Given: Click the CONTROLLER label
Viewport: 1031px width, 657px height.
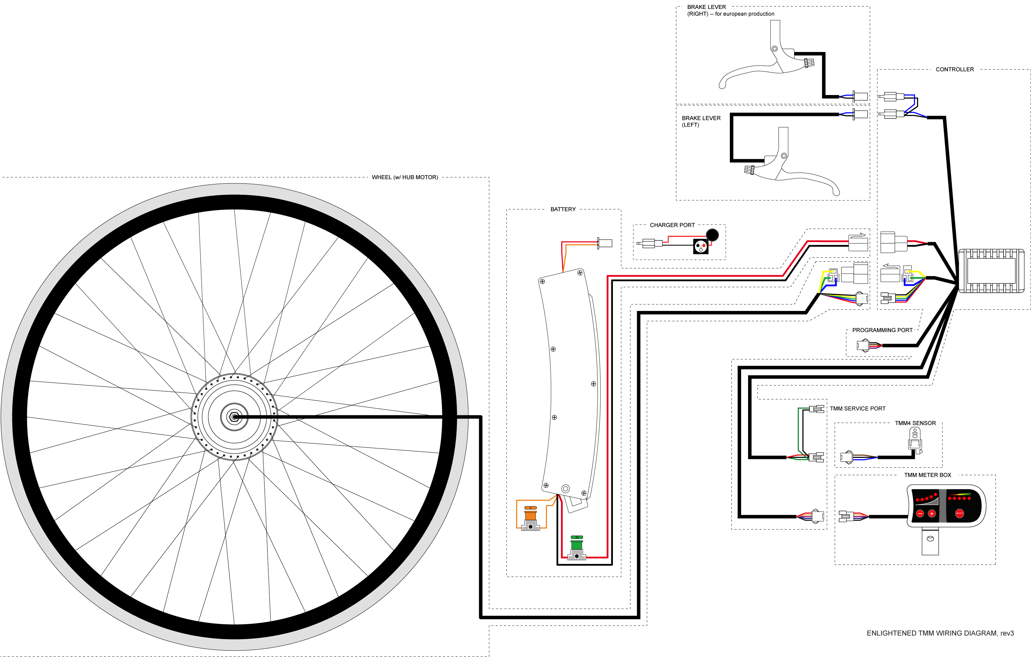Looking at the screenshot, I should [x=954, y=69].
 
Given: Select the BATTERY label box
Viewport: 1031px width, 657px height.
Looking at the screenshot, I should [x=563, y=209].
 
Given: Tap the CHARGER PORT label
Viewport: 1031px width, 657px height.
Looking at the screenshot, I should [x=672, y=225].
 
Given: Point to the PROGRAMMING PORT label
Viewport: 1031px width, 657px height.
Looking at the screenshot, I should [x=882, y=330].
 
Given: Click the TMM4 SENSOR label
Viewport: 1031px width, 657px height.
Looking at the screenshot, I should [x=915, y=423].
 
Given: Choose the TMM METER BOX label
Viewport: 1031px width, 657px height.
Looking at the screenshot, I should [x=927, y=475].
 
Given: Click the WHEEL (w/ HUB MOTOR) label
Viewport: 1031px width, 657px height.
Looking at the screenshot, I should [x=405, y=177].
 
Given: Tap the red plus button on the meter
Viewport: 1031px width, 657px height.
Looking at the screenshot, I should [x=932, y=513].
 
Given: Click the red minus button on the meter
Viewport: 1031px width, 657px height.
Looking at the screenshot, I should [x=920, y=513].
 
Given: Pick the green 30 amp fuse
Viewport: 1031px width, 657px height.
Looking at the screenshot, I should [x=577, y=544].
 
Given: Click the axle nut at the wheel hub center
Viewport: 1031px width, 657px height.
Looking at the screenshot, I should [x=234, y=417].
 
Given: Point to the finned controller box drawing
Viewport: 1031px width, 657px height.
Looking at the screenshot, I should [x=991, y=271].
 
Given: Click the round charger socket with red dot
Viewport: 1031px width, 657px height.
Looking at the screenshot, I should [x=700, y=246].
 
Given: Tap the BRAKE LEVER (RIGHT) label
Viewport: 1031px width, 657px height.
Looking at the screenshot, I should [x=706, y=10].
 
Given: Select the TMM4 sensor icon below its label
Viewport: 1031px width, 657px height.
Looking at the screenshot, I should [x=915, y=436].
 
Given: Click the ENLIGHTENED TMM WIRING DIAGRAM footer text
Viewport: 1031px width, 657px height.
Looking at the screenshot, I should [x=940, y=633].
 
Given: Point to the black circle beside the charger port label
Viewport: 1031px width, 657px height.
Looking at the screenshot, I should [x=712, y=234].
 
